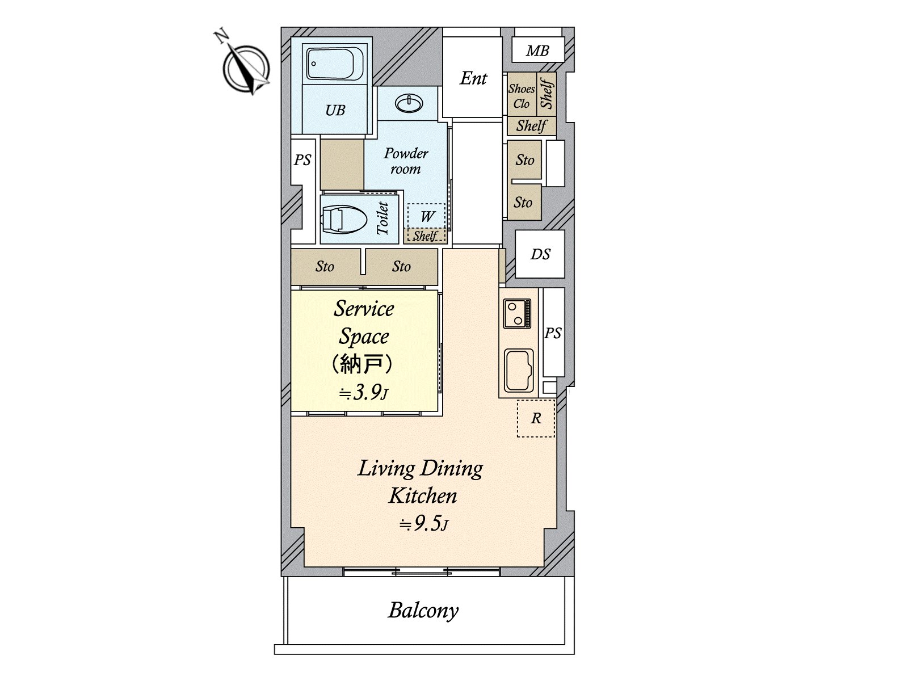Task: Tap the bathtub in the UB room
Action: (334, 64)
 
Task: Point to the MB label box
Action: (537, 51)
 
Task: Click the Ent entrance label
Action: (473, 78)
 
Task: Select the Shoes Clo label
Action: (521, 96)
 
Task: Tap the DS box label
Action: (540, 254)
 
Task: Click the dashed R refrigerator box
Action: (536, 419)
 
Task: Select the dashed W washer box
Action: (427, 216)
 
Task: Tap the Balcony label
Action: (423, 611)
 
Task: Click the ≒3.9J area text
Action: (363, 392)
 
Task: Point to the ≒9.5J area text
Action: (423, 524)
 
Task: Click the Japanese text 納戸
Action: (363, 364)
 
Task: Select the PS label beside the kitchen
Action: (553, 333)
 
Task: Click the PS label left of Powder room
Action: (302, 160)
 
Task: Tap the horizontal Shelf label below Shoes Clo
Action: (531, 125)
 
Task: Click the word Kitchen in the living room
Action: (423, 495)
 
